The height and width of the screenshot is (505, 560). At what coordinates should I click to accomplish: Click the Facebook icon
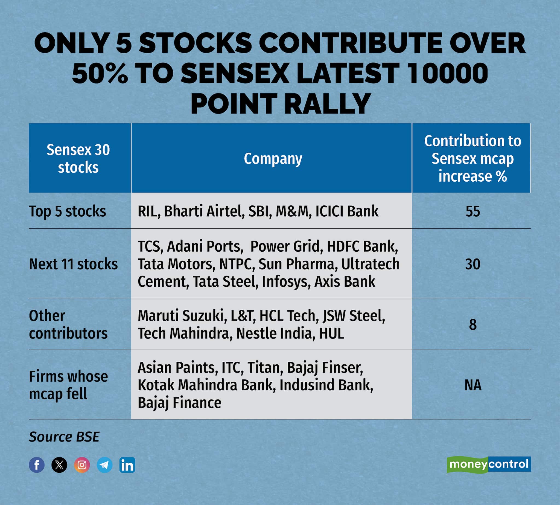pos(37,465)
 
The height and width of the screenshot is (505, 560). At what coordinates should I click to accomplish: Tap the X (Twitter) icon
pos(59,465)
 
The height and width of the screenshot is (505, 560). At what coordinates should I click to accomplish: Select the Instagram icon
pos(82,465)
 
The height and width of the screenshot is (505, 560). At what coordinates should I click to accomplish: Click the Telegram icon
pos(104,465)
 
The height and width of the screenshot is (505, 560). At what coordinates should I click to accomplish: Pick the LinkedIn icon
pos(127,465)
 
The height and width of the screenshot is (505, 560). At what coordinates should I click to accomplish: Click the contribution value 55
pos(473,211)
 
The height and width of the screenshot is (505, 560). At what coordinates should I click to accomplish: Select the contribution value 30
pos(473,264)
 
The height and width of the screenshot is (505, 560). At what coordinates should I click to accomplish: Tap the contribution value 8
pos(473,325)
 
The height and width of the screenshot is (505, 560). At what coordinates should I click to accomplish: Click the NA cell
pos(473,385)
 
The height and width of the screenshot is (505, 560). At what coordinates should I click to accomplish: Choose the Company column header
pos(273,159)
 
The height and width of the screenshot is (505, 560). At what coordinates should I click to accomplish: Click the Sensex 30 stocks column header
pos(78,158)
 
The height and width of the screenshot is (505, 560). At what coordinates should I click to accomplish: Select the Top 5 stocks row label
pos(67,211)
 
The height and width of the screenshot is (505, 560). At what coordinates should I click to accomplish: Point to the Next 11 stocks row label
pos(73,264)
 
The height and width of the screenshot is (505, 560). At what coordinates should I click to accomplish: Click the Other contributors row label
pos(68,325)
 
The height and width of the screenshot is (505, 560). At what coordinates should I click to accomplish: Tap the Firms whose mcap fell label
pos(68,385)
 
